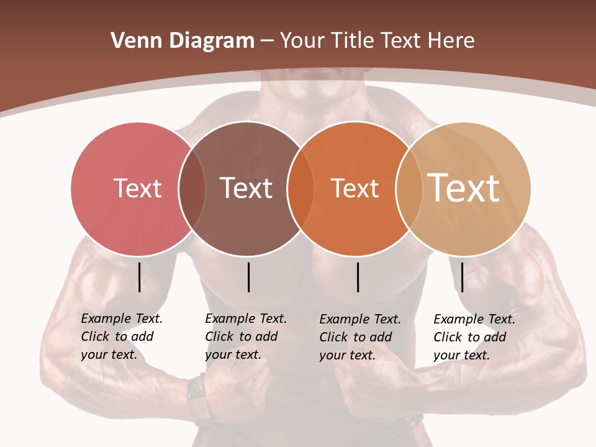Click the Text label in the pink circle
pyautogui.click(x=137, y=188)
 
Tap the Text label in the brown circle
pyautogui.click(x=246, y=188)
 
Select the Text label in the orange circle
pyautogui.click(x=354, y=188)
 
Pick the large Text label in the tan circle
pyautogui.click(x=464, y=187)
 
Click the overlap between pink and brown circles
pyautogui.click(x=192, y=189)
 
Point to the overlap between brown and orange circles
pyautogui.click(x=300, y=189)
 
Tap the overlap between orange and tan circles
pyautogui.click(x=409, y=189)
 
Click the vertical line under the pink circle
pyautogui.click(x=139, y=277)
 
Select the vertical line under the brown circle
pyautogui.click(x=248, y=277)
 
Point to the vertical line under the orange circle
pyautogui.click(x=358, y=277)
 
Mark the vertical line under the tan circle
pyautogui.click(x=463, y=277)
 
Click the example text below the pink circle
pyautogui.click(x=121, y=336)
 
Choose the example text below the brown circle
pyautogui.click(x=245, y=336)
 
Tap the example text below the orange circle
pyautogui.click(x=359, y=337)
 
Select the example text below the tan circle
pyautogui.click(x=474, y=337)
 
